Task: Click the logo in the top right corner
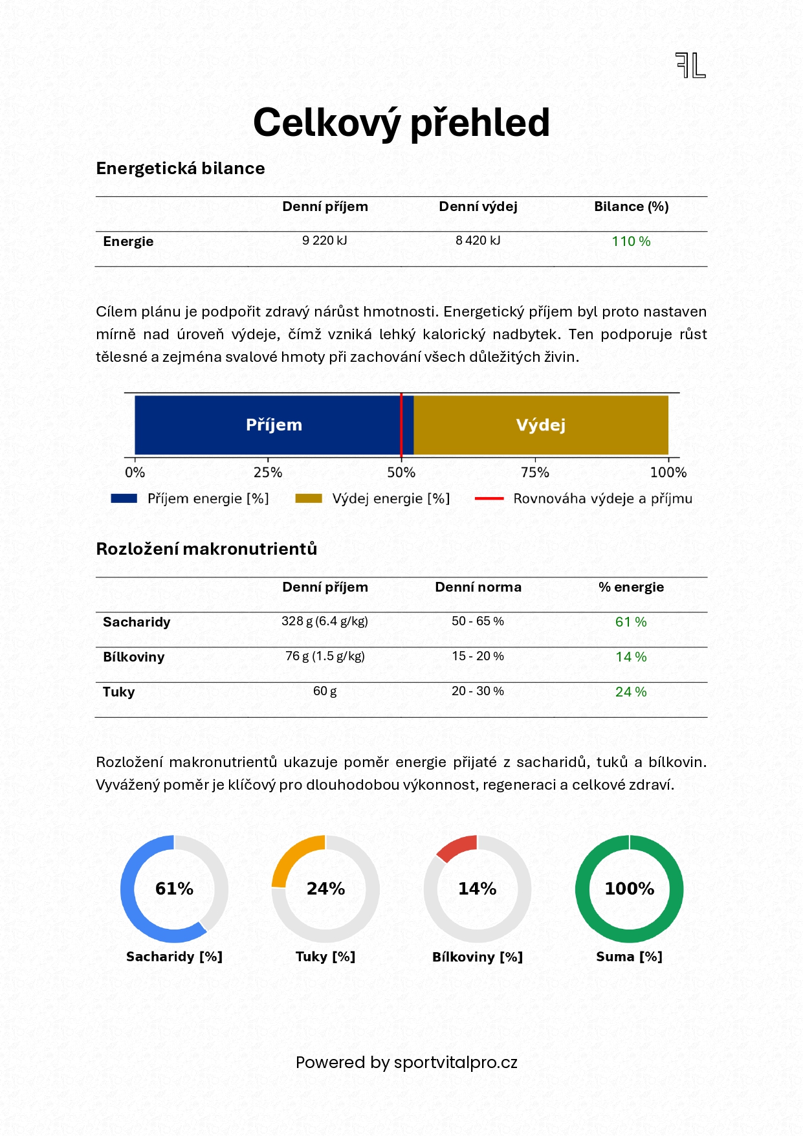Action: pos(690,65)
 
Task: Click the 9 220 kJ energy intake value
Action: pos(325,241)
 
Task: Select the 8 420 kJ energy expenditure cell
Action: pos(478,241)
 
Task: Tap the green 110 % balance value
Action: pos(631,241)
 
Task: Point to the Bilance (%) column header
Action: pos(631,206)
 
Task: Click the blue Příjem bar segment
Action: pos(274,425)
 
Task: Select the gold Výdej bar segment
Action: pos(541,425)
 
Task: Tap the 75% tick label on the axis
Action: pos(534,473)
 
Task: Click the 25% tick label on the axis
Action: pos(268,473)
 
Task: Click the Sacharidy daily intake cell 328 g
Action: pos(325,621)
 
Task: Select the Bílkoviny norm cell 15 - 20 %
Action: pos(478,656)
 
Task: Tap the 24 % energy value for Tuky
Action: pos(631,692)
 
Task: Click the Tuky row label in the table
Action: pos(119,692)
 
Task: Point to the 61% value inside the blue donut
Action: pos(174,889)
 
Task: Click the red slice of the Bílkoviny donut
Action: pos(457,846)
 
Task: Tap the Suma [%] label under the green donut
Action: pos(629,957)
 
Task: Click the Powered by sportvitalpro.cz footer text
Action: pos(406,1063)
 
